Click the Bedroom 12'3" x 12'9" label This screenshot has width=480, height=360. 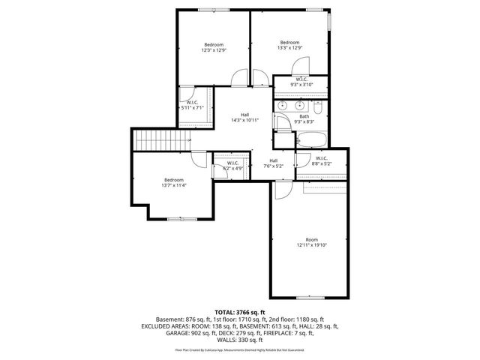[x=213, y=48]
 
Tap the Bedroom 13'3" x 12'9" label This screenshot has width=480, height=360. [x=290, y=45]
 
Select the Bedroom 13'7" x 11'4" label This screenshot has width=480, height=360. [x=174, y=182]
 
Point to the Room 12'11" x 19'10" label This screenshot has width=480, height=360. [x=311, y=242]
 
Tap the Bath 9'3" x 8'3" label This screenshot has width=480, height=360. [x=304, y=118]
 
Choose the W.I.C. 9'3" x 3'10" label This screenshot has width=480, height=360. [x=301, y=82]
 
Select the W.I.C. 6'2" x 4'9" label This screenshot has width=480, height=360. [x=231, y=166]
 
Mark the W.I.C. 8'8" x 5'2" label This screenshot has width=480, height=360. [x=321, y=160]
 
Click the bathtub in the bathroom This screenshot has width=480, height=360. [x=311, y=139]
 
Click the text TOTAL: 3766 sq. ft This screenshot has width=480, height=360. [x=240, y=312]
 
